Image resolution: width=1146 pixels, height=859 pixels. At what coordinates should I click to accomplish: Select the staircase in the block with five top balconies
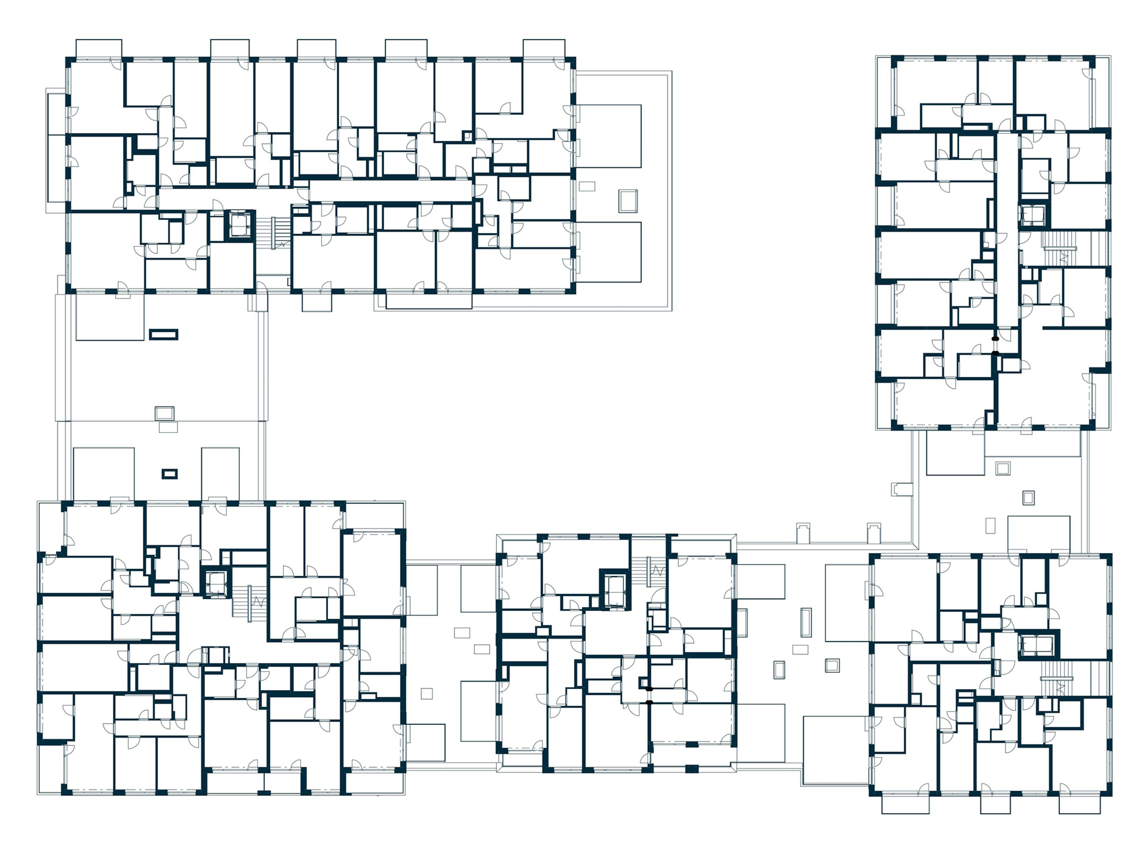(280, 233)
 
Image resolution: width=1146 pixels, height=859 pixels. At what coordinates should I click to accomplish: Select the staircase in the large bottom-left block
(257, 602)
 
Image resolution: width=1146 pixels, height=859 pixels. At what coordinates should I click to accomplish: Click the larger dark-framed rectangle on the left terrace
(164, 334)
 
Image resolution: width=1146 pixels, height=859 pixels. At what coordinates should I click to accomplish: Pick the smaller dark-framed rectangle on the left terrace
(169, 474)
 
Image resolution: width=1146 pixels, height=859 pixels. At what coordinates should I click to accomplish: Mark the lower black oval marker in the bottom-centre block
(649, 702)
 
